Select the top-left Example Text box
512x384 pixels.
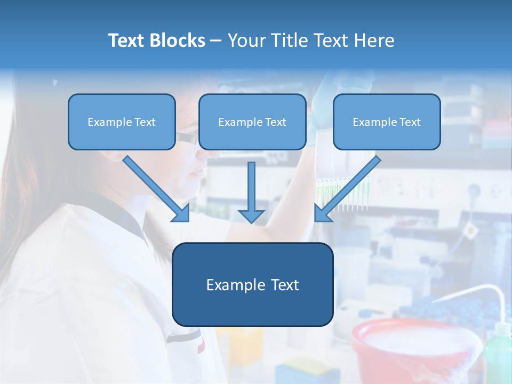click(x=122, y=122)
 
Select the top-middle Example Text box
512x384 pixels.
click(x=252, y=122)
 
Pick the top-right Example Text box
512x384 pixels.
click(x=387, y=122)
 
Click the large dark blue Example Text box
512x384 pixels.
click(x=252, y=284)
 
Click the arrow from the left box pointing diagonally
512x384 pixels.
click(x=157, y=189)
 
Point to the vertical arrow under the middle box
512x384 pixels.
click(x=251, y=192)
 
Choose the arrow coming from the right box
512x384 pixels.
click(x=347, y=189)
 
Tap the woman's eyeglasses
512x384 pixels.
click(x=187, y=138)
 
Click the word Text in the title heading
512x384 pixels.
click(x=129, y=41)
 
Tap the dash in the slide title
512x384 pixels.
click(x=216, y=41)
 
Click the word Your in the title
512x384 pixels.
click(x=247, y=41)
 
